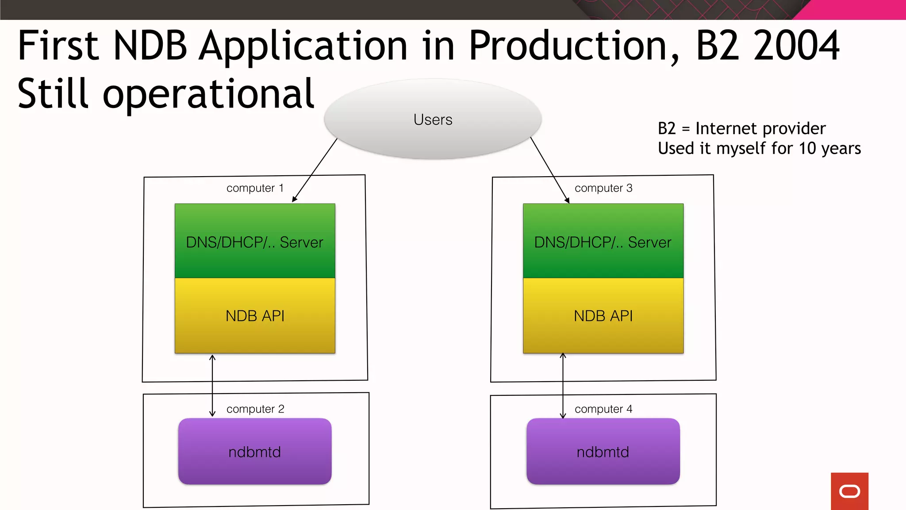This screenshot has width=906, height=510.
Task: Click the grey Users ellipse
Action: [x=433, y=119]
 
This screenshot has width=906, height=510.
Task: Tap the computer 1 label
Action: [x=255, y=188]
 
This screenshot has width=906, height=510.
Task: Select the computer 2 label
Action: [x=255, y=409]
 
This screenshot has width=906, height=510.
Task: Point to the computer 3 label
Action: [x=603, y=188]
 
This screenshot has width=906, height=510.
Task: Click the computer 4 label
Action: [x=603, y=409]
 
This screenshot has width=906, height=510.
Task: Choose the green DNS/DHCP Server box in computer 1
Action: [x=255, y=241]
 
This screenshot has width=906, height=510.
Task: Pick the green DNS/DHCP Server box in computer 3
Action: [x=603, y=241]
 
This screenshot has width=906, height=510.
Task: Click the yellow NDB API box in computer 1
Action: [x=255, y=316]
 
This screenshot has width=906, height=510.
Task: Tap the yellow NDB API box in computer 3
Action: [x=603, y=316]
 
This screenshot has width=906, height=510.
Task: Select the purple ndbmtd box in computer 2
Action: [x=255, y=452]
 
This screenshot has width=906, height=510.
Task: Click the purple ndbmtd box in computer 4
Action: [x=603, y=452]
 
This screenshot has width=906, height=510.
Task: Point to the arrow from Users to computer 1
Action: [x=315, y=170]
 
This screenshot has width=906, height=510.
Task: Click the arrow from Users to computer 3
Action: [x=549, y=170]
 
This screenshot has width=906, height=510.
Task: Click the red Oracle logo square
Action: [x=849, y=491]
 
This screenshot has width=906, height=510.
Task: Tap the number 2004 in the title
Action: [x=796, y=46]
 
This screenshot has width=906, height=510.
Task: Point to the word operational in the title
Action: [x=208, y=94]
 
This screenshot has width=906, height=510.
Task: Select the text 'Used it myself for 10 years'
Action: [x=759, y=148]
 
